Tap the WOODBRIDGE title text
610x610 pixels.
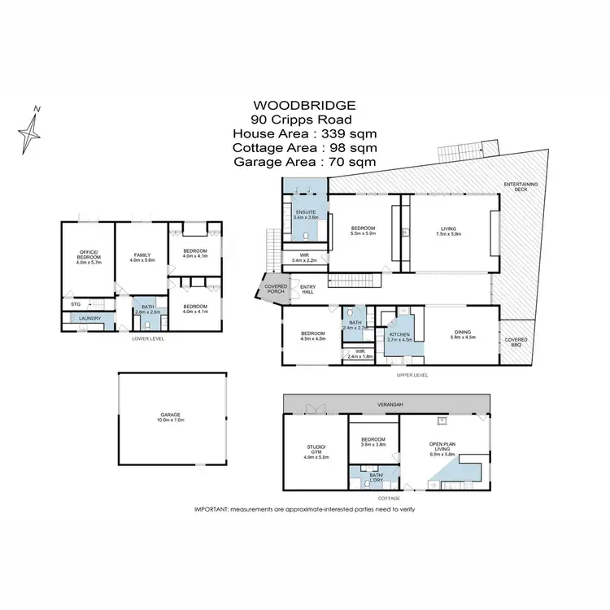tap(304, 105)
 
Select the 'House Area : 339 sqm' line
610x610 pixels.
tap(304, 133)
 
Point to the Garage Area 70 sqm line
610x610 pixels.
tap(304, 162)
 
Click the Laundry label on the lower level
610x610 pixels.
tap(89, 318)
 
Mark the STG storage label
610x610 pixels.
tap(74, 305)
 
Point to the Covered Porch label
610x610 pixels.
tap(270, 289)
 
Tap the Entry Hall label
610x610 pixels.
tap(308, 289)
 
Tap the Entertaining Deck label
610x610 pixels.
tap(521, 187)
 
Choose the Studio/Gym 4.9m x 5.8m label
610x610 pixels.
tap(316, 451)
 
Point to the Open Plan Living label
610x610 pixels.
tap(445, 448)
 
